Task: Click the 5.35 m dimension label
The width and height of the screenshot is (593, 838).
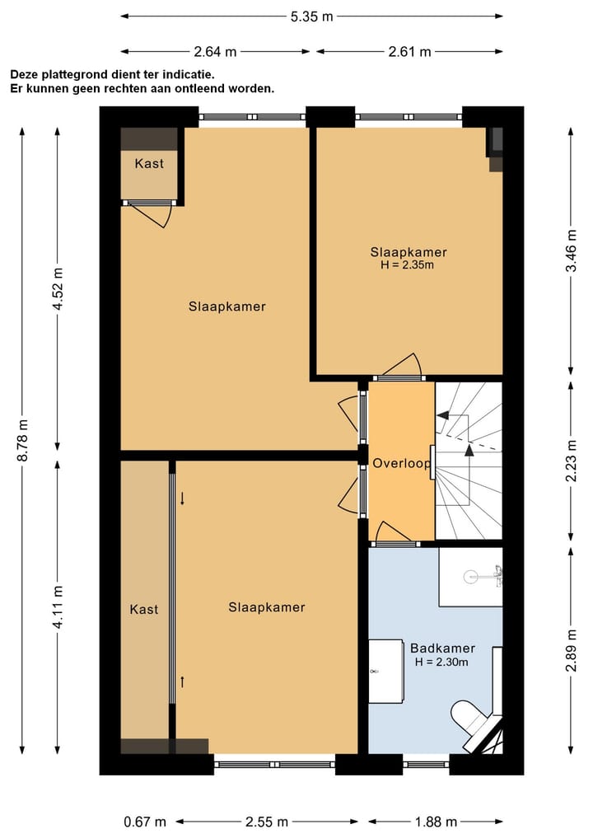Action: (311, 16)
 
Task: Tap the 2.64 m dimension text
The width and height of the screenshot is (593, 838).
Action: (215, 52)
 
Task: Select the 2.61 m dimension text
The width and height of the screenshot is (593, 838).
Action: (409, 52)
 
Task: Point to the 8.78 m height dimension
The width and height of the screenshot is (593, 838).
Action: (22, 440)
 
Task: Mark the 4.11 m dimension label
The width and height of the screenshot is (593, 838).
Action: (58, 606)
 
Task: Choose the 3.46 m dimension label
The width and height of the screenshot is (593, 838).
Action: (571, 250)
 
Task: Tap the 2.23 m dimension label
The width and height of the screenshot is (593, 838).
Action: (571, 461)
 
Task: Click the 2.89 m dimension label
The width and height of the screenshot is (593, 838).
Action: (571, 650)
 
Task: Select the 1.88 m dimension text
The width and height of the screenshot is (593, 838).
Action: (436, 822)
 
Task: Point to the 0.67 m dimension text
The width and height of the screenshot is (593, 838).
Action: (145, 822)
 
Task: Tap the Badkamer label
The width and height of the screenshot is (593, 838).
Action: (442, 648)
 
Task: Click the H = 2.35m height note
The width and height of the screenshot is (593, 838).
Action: (407, 265)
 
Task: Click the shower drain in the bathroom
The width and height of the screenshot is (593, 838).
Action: (470, 576)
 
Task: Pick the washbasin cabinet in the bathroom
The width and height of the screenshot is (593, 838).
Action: (385, 672)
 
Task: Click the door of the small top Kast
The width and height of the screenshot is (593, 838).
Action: (150, 214)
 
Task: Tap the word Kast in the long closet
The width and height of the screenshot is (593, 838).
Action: (143, 609)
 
